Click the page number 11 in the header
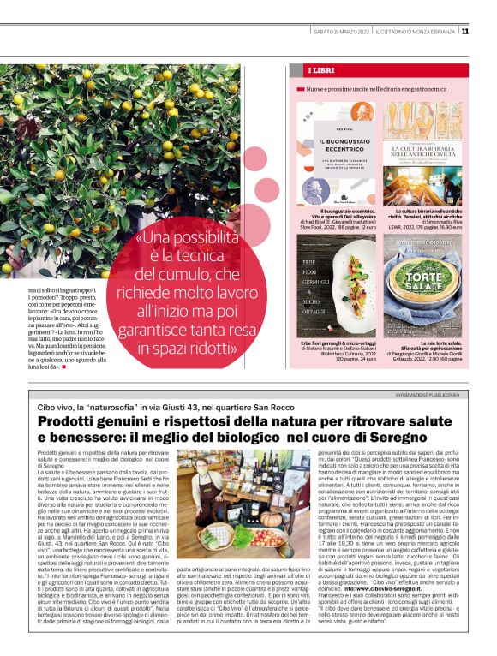pos(488,32)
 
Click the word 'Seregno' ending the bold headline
pos(415,438)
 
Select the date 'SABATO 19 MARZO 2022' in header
pos(341,32)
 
